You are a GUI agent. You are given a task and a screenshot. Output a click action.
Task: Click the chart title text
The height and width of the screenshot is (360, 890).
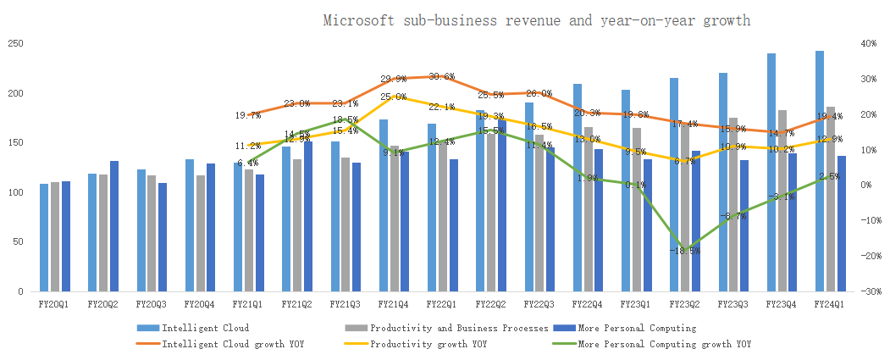(536, 20)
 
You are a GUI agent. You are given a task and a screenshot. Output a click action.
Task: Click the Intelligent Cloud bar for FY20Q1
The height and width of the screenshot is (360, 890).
(44, 237)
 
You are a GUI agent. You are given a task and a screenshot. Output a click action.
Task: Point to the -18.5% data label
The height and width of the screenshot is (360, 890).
(684, 251)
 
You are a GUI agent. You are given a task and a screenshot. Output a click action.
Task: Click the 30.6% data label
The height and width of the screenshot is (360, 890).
(441, 76)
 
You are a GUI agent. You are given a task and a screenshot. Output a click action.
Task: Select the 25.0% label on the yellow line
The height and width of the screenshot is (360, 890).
(393, 97)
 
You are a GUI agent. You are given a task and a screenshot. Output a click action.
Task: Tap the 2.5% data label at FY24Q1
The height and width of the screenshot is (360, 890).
(830, 176)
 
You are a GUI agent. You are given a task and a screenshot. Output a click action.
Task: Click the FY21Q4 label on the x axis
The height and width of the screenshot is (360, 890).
(394, 302)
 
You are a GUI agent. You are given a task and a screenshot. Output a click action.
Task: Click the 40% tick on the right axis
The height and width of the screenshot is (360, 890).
(870, 44)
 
